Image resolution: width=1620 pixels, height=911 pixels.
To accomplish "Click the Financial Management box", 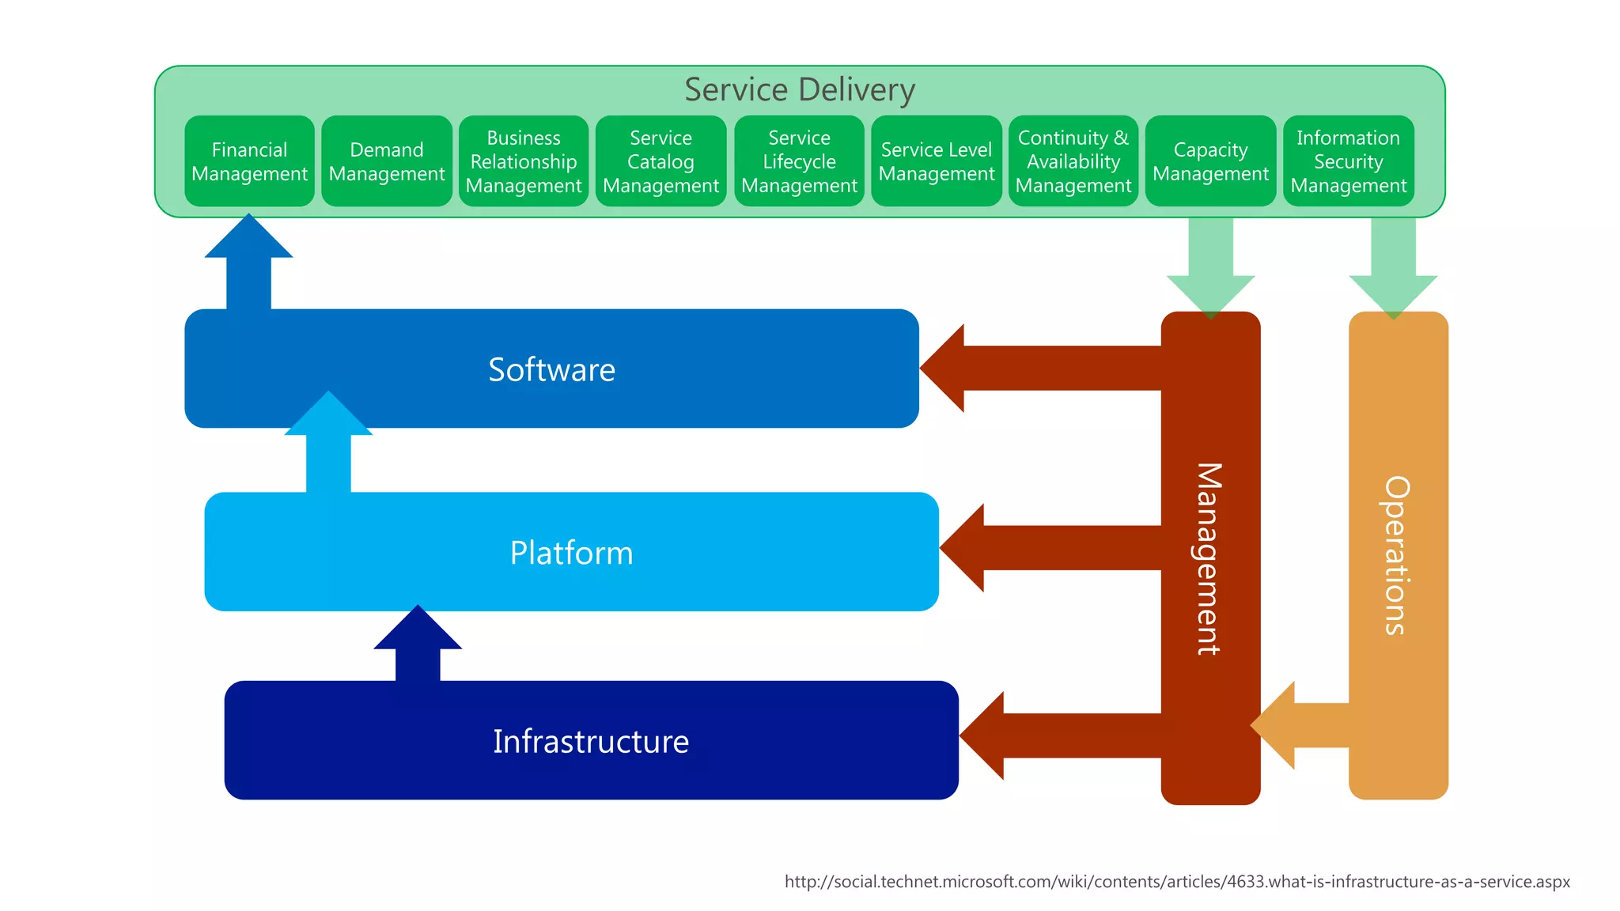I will pyautogui.click(x=249, y=161).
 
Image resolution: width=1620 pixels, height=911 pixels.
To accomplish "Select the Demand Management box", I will pyautogui.click(x=387, y=161).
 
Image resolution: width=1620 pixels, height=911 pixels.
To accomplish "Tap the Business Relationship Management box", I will pyautogui.click(x=524, y=161).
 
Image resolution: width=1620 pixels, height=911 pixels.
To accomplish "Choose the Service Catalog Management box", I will pyautogui.click(x=660, y=161).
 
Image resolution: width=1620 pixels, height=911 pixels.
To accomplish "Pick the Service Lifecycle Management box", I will pyautogui.click(x=799, y=161).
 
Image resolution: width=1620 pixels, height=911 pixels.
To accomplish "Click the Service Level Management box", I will pyautogui.click(x=937, y=161).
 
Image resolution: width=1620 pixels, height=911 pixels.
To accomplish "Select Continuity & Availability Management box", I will pyautogui.click(x=1073, y=161).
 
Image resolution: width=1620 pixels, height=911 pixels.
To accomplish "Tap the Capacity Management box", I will pyautogui.click(x=1210, y=161).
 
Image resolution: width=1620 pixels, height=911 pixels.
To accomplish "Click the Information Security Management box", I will pyautogui.click(x=1349, y=161).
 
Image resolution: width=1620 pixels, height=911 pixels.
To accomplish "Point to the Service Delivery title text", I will pyautogui.click(x=799, y=89).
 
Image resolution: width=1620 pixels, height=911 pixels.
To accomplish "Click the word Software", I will pyautogui.click(x=551, y=369).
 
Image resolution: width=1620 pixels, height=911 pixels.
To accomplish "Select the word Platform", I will pyautogui.click(x=571, y=553).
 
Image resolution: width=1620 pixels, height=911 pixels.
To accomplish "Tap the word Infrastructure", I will pyautogui.click(x=591, y=741).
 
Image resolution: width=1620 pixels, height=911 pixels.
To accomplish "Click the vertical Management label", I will pyautogui.click(x=1209, y=558).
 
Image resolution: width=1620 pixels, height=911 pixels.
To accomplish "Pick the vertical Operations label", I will pyautogui.click(x=1397, y=555).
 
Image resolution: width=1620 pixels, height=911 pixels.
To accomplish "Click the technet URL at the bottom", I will pyautogui.click(x=1177, y=882).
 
